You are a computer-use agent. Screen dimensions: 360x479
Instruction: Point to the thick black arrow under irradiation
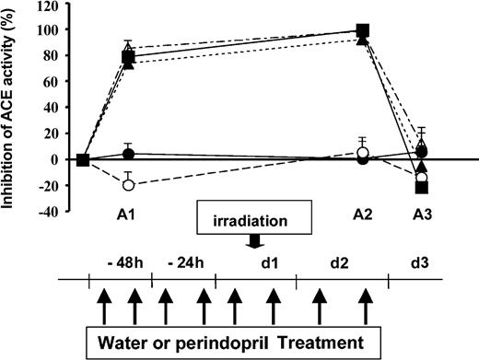tap(253, 241)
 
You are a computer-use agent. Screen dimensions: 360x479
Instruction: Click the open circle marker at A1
tap(129, 184)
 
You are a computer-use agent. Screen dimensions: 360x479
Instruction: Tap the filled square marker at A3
tap(422, 188)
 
